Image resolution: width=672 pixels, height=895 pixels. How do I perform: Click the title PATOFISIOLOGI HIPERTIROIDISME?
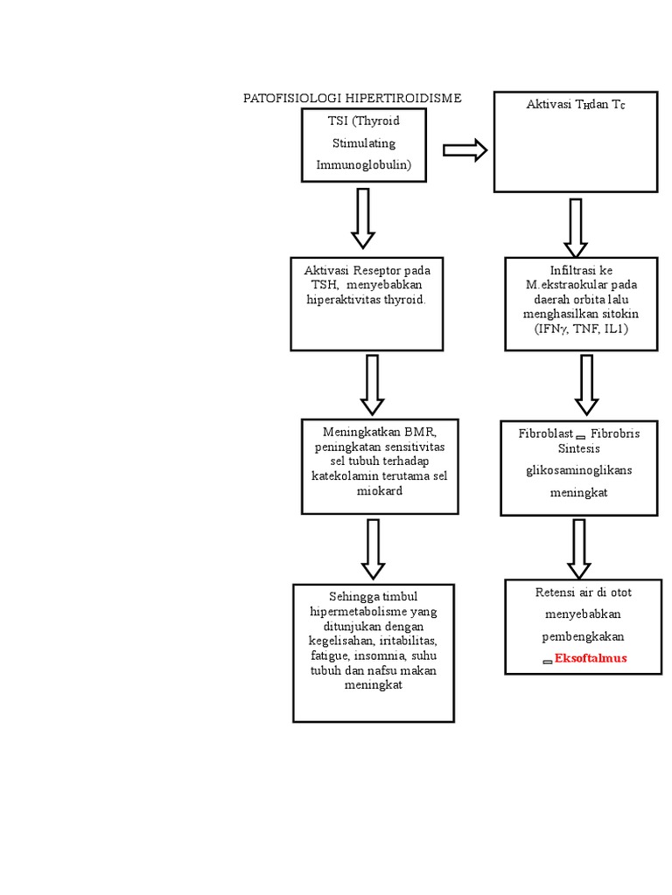[x=352, y=98]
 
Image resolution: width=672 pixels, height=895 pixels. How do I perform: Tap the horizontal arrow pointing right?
[x=465, y=150]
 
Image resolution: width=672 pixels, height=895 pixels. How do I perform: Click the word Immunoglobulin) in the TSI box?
[x=363, y=164]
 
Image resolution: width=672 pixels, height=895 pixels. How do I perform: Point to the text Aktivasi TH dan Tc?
[x=575, y=104]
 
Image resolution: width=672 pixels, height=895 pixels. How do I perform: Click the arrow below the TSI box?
[x=363, y=219]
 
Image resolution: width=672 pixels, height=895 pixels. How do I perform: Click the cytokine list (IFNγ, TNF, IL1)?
[x=581, y=328]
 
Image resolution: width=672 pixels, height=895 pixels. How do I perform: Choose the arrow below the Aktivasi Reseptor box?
[x=373, y=385]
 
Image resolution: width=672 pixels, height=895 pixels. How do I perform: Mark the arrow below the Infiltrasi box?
[x=586, y=385]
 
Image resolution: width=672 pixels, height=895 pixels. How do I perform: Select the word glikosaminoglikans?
[x=578, y=469]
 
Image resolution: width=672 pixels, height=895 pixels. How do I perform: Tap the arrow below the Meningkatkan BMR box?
[x=373, y=549]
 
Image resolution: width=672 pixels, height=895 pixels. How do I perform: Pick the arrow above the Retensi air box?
[x=578, y=549]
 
